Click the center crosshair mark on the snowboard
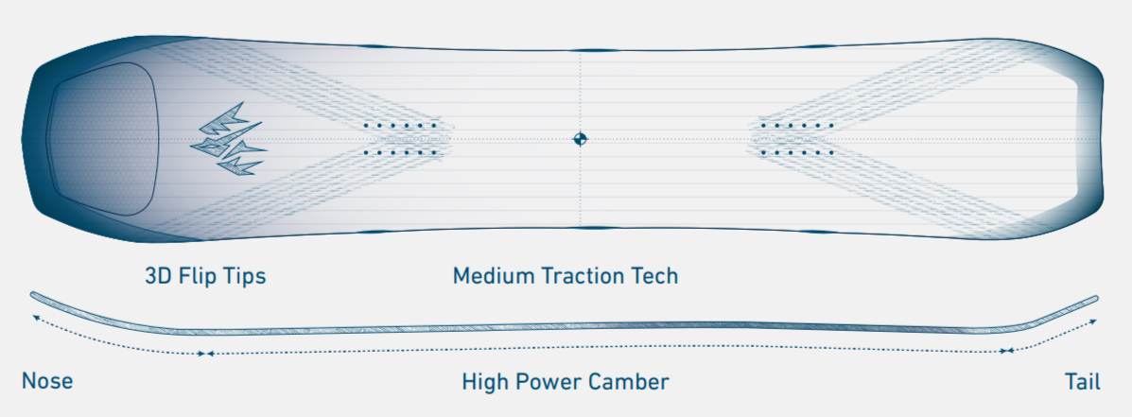pos(580,138)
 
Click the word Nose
pos(47,381)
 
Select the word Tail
pos(1082,381)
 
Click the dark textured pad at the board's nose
pos(102,138)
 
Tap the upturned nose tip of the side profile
pos(33,294)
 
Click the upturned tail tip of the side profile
pos(1095,298)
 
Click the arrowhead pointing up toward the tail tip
pos(1093,321)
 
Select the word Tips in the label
pos(246,276)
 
